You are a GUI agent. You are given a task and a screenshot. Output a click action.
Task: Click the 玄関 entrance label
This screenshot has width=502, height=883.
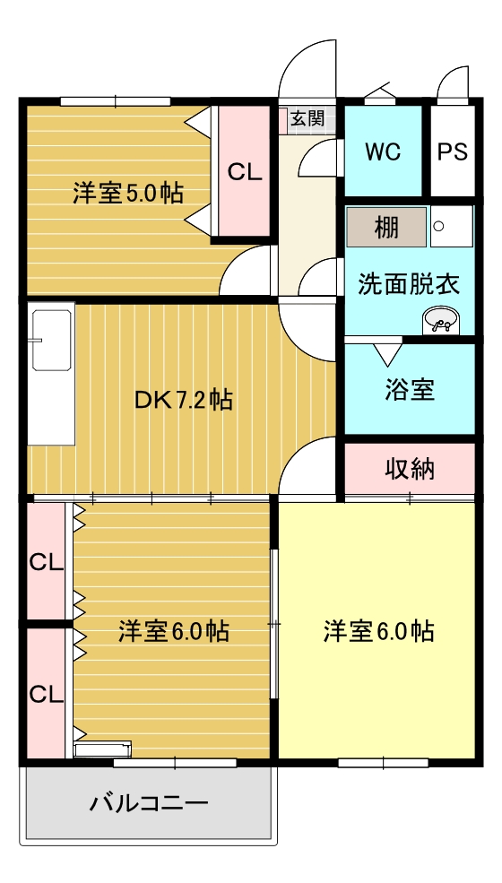pos(307,118)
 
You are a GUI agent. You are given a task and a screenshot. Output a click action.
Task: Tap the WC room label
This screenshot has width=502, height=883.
pos(383,151)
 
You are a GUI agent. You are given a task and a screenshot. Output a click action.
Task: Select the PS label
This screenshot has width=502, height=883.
pos(453,151)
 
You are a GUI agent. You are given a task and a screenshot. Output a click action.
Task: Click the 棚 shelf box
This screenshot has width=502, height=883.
pos(386,227)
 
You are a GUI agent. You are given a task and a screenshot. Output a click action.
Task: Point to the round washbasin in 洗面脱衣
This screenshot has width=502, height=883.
pos(440,321)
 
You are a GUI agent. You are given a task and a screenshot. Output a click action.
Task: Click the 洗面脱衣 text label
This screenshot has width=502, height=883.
pos(410,284)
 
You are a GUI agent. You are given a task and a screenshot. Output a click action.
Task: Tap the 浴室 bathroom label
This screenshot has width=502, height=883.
pos(410,390)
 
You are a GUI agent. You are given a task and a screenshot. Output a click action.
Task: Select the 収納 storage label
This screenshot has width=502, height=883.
pos(410,469)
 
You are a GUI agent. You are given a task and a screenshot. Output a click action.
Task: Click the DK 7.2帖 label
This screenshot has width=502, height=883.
pos(183,400)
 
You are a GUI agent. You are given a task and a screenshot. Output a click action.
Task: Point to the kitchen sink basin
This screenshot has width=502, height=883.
pos(52,340)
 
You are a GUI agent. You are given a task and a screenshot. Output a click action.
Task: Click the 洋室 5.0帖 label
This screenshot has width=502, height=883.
pos(128,194)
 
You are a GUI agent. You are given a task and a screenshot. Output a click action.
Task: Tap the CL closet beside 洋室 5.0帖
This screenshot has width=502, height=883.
pos(245,170)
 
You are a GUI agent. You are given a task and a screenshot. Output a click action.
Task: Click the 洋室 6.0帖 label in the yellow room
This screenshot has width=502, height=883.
pos(378,631)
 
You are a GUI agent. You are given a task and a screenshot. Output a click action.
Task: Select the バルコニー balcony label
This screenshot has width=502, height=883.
pos(149,802)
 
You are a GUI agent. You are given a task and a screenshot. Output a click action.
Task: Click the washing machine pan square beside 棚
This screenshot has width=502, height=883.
pos(451,226)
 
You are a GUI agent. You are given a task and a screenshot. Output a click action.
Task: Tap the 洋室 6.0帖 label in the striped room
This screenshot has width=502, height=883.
pos(174,631)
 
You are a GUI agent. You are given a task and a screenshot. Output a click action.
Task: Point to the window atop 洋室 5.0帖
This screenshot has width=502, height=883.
pos(116,101)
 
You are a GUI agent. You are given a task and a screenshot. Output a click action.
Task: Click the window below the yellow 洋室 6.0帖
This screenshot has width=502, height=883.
pos(384,763)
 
